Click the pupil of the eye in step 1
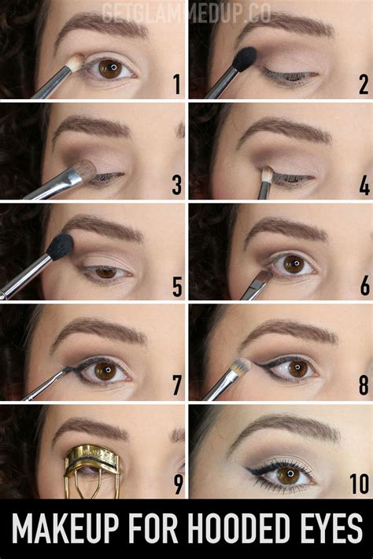click(113, 68)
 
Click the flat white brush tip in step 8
click(242, 365)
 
